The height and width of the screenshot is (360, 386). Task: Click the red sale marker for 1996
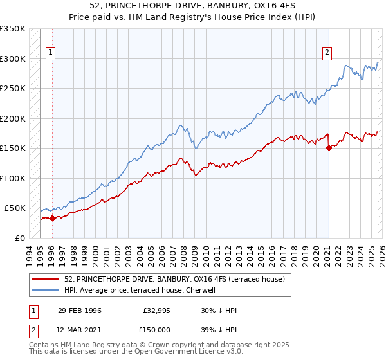point(52,218)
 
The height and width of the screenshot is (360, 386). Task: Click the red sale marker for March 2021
point(328,148)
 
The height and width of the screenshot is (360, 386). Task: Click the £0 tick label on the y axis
point(19,238)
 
